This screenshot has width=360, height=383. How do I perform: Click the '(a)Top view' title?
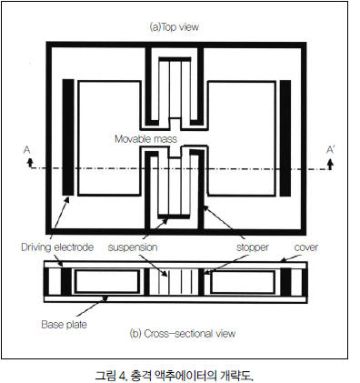[175, 27]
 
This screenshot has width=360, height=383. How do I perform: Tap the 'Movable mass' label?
[145, 139]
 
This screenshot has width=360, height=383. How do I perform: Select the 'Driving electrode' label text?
[57, 247]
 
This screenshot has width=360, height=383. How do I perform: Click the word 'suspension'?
[133, 247]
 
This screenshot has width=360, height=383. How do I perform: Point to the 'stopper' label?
[253, 247]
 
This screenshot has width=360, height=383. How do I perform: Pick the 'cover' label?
[306, 247]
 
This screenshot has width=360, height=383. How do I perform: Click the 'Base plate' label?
[64, 325]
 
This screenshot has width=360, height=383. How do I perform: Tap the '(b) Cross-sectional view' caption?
[183, 334]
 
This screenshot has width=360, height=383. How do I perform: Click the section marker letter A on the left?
[27, 150]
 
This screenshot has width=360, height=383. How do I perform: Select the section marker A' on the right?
[330, 150]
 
